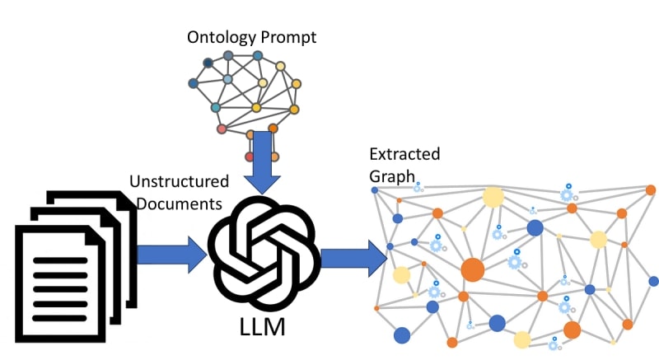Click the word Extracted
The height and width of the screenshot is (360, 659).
coord(404,154)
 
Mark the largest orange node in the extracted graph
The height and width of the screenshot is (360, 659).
coord(472,269)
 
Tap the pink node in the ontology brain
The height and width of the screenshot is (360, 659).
coord(221,129)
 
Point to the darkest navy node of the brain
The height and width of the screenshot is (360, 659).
coord(208,63)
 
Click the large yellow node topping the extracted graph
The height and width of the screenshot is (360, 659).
coord(493,197)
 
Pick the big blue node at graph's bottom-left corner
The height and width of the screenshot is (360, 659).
coord(402,334)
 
